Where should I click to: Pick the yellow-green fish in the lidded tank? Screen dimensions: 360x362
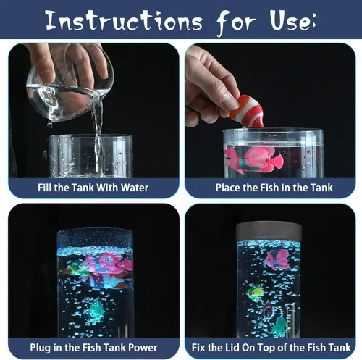[256, 293]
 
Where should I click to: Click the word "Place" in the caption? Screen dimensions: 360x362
[228, 188]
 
